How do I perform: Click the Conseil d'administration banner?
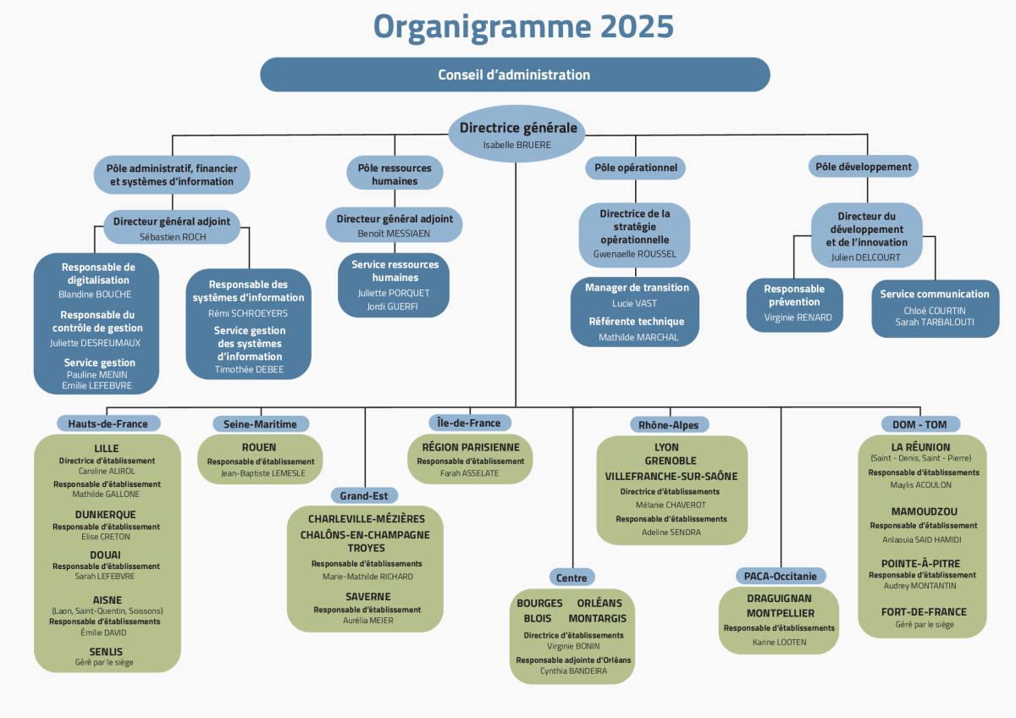515,75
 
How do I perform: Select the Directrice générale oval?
517,134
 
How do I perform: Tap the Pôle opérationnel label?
635,168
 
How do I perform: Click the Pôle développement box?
864,167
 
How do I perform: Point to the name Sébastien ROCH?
173,237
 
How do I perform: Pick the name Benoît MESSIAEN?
395,233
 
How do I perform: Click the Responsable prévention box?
794,303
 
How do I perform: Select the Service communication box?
935,308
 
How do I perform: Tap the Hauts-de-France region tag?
108,423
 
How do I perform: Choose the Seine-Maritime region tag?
260,423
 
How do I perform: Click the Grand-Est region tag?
364,495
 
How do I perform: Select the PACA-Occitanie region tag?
781,576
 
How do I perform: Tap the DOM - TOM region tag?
920,423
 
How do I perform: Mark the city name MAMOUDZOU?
924,511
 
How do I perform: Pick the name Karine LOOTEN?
780,642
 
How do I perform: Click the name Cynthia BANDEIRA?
573,671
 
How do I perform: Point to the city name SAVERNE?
367,596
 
